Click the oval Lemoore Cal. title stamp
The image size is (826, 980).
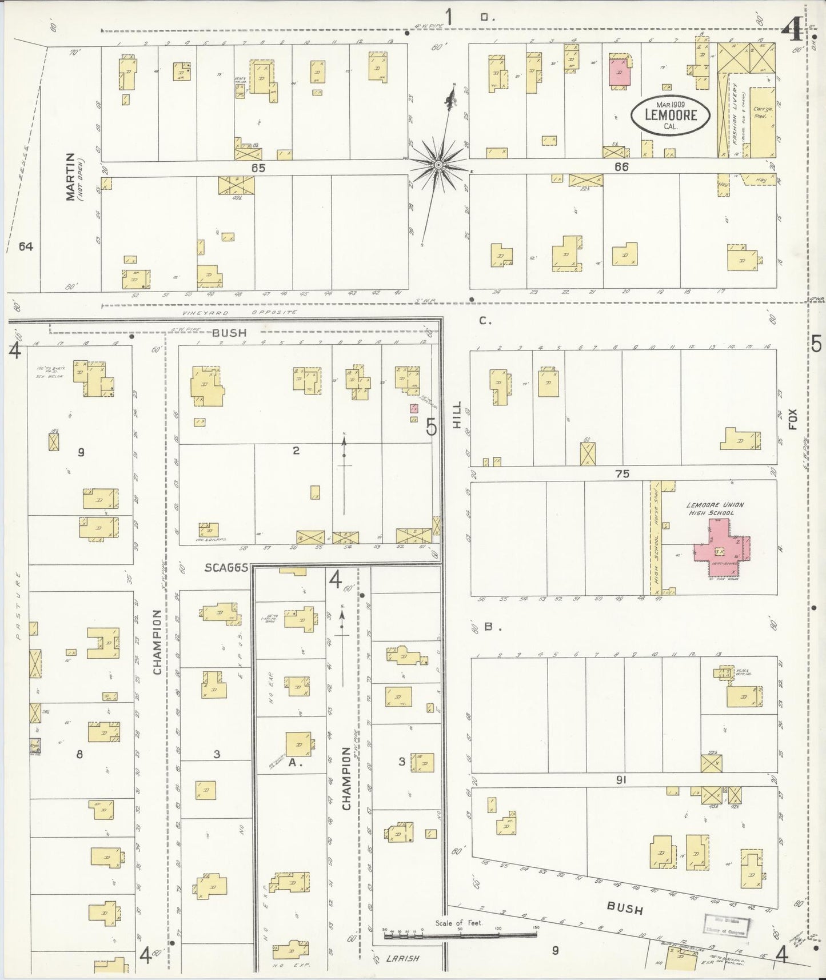point(671,115)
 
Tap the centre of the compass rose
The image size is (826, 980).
point(438,165)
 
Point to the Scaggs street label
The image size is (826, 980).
point(227,568)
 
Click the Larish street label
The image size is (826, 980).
point(403,958)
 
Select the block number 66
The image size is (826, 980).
point(621,167)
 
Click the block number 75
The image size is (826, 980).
point(623,473)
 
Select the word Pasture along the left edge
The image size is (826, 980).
point(18,605)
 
